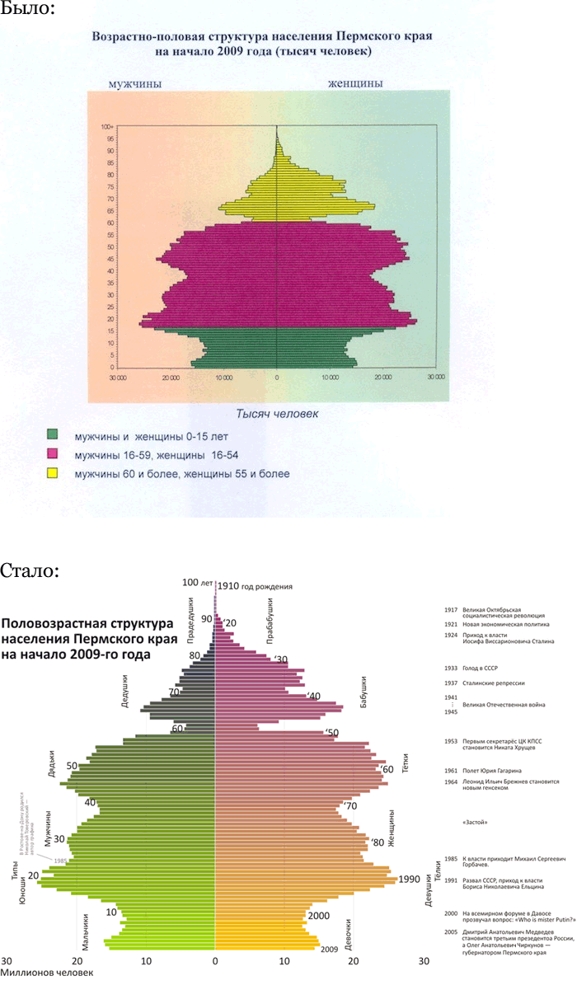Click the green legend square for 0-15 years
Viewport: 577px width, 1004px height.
coord(53,434)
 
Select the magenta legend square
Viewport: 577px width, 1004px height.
coord(53,453)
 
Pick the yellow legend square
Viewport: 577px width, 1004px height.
coord(53,473)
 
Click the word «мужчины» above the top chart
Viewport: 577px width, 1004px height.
coord(136,84)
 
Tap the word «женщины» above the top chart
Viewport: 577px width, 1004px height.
coord(355,84)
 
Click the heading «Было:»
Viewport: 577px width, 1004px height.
coord(27,10)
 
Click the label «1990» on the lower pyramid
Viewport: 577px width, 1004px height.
coord(410,880)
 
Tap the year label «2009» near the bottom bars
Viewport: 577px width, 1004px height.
coord(330,949)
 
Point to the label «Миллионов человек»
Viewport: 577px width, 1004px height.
coord(47,973)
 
